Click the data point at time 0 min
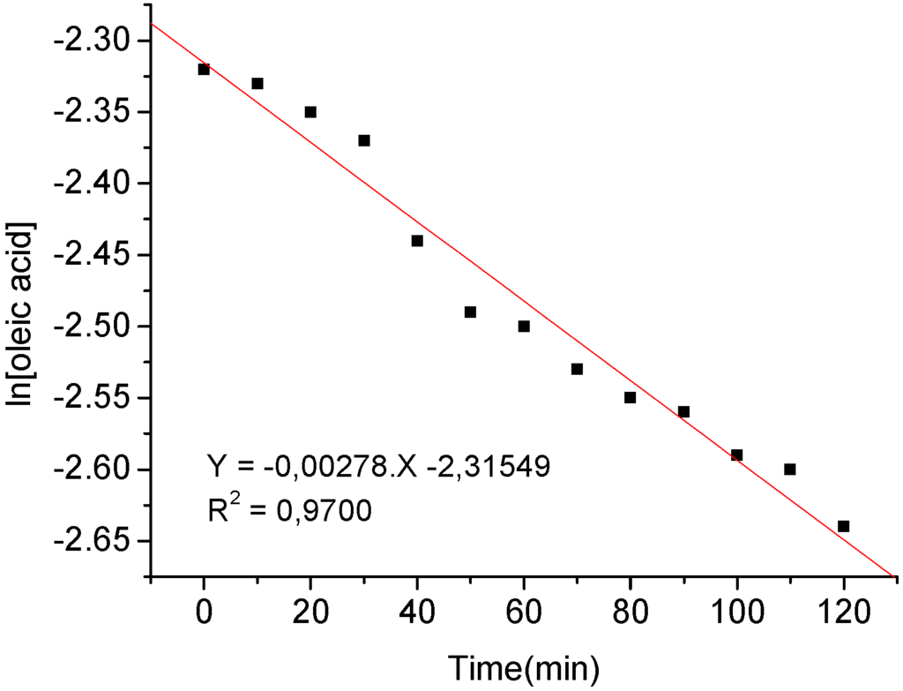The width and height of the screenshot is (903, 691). pos(204,69)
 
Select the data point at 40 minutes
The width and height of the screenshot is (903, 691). pos(417,241)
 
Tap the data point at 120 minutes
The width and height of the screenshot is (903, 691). pos(843,526)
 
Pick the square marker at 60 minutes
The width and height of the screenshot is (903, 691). pos(524,327)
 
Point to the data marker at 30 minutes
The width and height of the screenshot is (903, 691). pos(364,140)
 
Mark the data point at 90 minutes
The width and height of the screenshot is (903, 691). pos(683,412)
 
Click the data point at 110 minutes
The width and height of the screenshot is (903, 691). pos(790,469)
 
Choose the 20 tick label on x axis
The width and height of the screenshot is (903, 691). pos(310,611)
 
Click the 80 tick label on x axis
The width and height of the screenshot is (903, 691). pos(631,611)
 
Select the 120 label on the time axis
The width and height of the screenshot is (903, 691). pos(843,611)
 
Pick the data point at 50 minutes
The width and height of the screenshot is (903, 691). pos(470,312)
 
